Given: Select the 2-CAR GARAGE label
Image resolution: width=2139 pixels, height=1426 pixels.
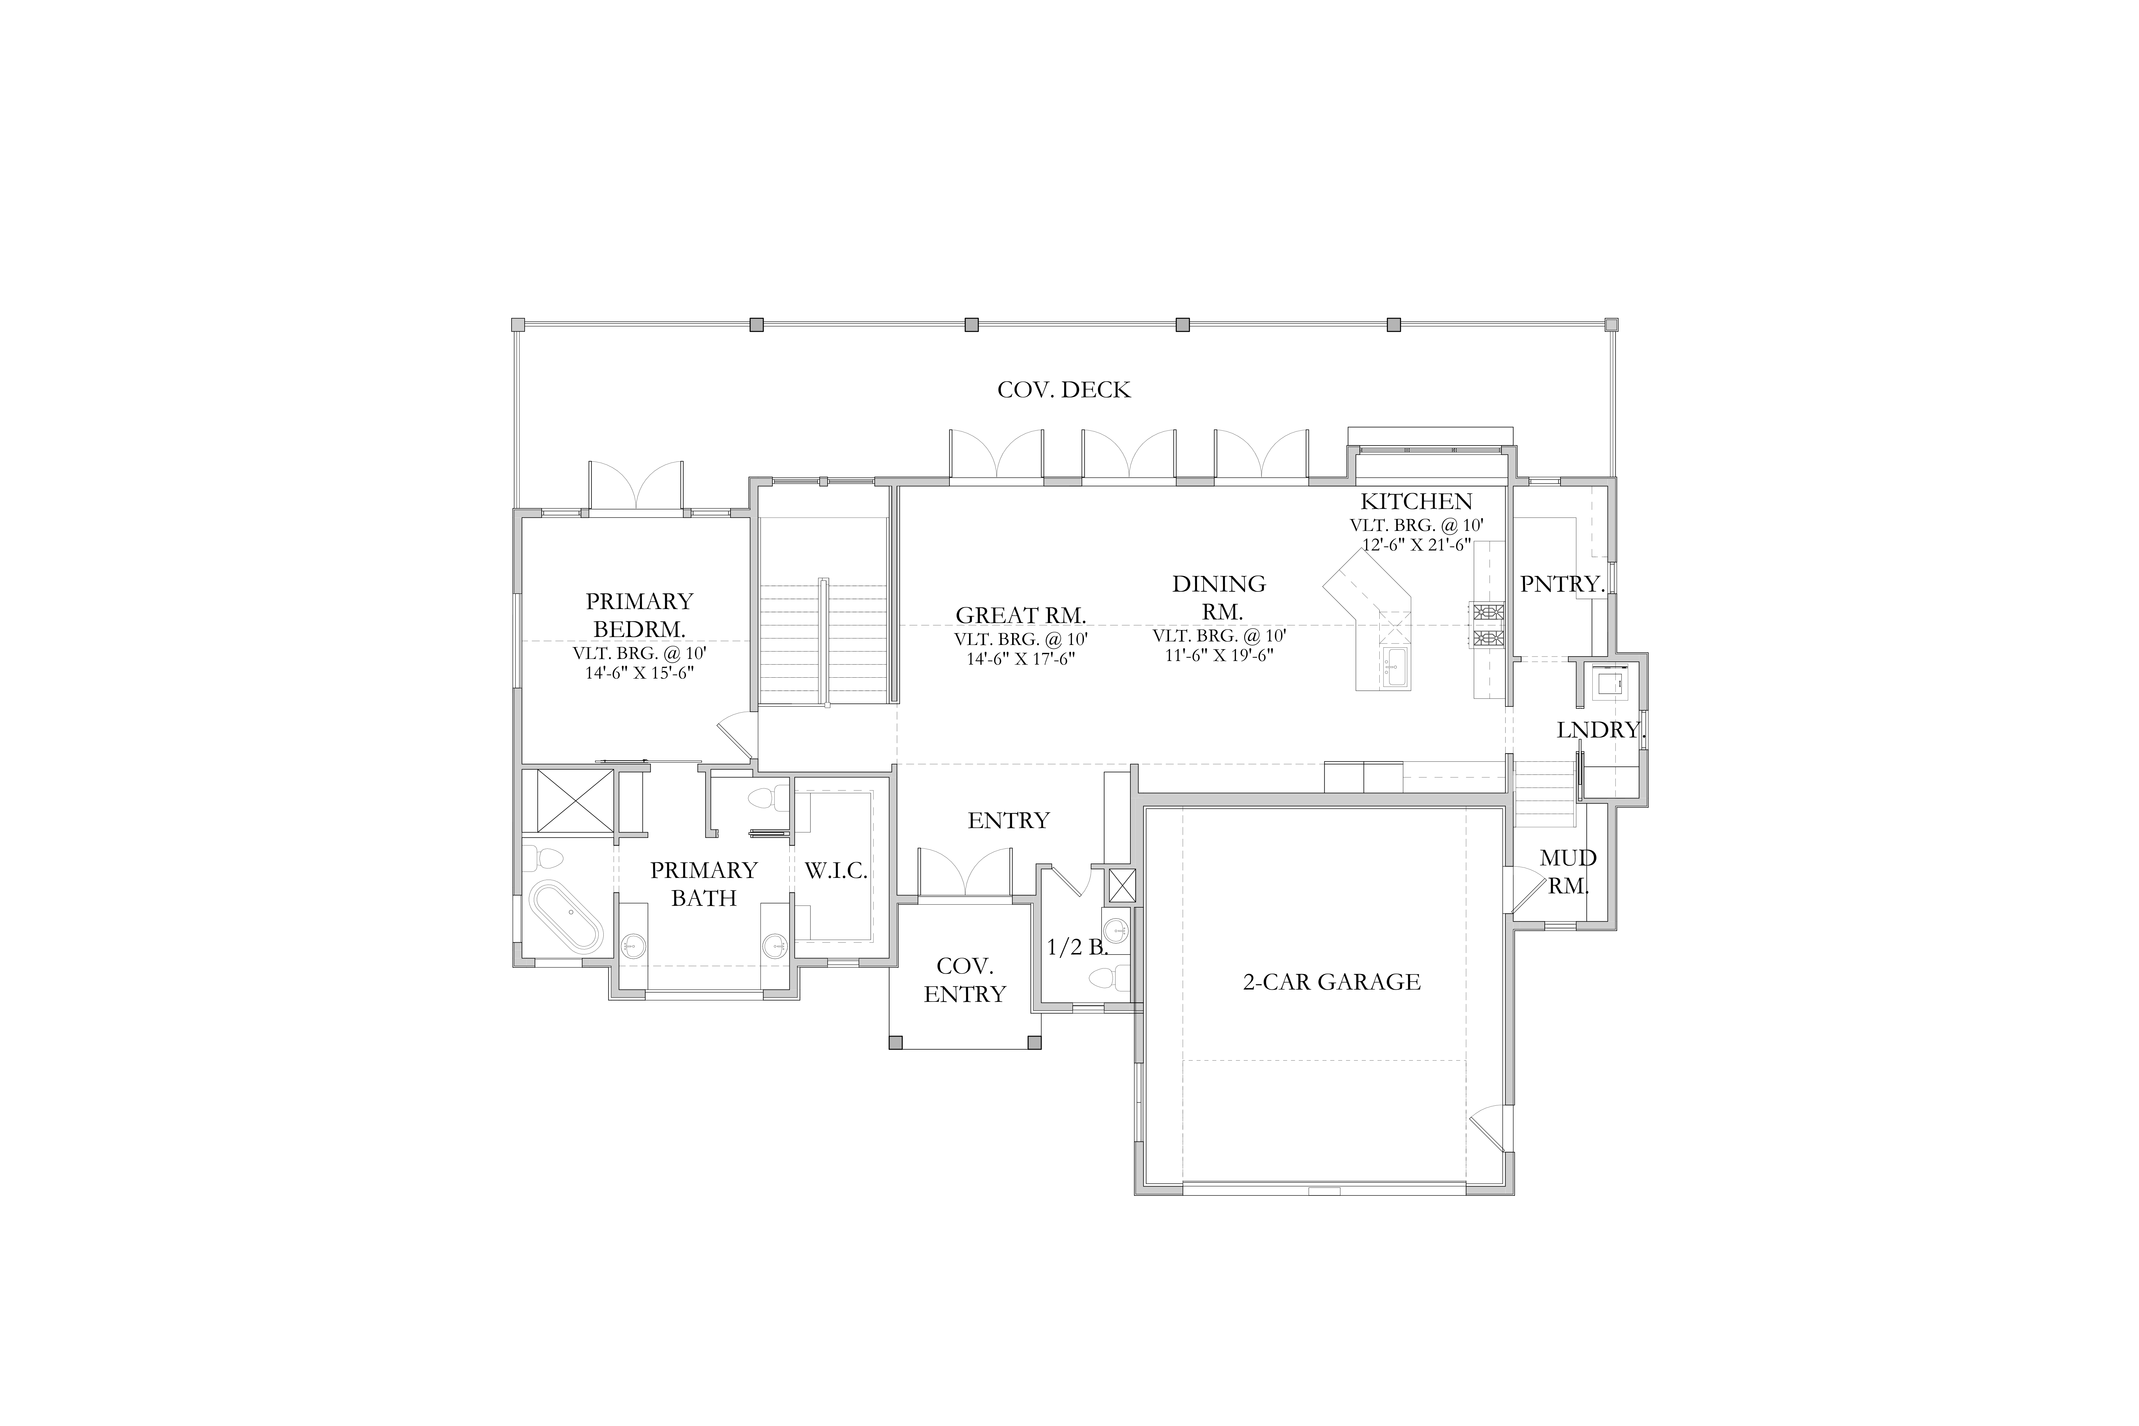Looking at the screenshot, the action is tap(1332, 982).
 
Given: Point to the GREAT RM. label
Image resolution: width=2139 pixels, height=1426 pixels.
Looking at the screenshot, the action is tap(1020, 616).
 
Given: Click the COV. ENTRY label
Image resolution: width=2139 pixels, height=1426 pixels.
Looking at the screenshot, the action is tap(965, 980).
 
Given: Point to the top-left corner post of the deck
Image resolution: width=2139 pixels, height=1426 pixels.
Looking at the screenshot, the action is tap(518, 325).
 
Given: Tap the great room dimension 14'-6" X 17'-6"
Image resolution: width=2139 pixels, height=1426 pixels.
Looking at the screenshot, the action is tap(1020, 658).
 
